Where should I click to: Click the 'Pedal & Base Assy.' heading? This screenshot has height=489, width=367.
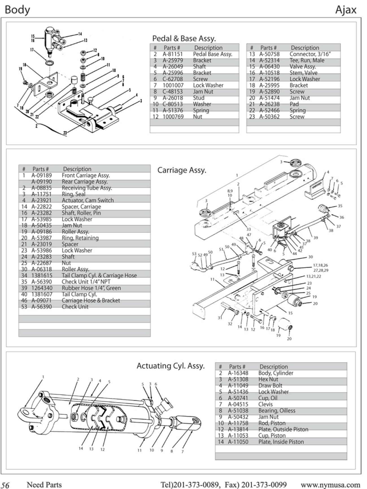184,38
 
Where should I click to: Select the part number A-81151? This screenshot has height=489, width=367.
172,54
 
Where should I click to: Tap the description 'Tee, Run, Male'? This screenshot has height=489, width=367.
307,60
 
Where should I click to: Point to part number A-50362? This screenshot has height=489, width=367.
269,117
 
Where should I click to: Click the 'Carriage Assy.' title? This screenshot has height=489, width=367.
182,170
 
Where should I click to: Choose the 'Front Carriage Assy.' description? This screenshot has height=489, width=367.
86,175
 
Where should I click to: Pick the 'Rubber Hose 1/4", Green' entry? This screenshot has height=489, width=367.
91,288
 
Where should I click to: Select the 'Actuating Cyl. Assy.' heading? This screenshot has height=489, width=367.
171,366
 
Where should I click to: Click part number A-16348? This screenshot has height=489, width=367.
238,373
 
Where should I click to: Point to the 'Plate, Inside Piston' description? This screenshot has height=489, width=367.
281,442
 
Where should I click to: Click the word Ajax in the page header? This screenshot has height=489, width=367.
346,10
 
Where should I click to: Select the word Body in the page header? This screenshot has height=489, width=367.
17,10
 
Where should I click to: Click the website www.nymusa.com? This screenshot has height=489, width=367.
330,485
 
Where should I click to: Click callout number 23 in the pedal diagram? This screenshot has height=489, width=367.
65,132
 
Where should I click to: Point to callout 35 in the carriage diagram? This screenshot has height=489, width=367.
340,206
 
